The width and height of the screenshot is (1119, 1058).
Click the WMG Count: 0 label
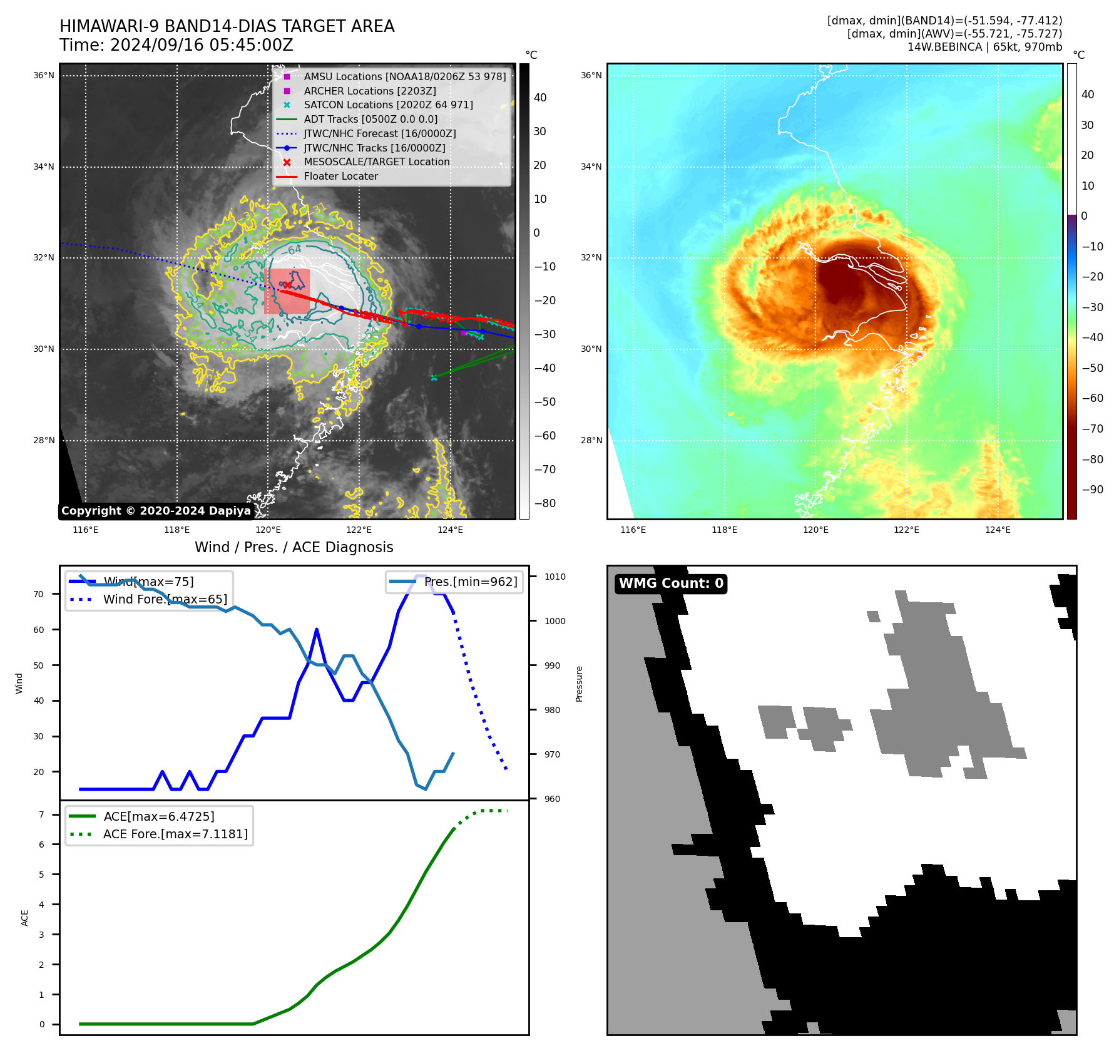click(x=671, y=583)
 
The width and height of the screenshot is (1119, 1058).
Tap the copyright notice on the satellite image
click(x=156, y=511)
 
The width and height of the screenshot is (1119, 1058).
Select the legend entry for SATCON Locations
click(x=388, y=105)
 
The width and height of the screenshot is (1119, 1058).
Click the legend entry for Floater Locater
click(x=340, y=177)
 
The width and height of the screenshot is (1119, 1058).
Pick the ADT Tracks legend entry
click(x=370, y=119)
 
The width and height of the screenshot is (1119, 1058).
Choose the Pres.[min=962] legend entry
click(x=471, y=582)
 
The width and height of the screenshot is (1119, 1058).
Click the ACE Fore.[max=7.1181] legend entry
click(x=175, y=834)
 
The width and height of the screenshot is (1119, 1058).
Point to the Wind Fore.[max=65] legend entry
click(x=165, y=600)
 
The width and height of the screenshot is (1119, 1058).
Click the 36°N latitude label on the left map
click(x=44, y=76)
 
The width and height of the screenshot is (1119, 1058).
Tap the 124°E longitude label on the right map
click(x=998, y=530)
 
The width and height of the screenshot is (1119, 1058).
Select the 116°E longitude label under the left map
click(x=86, y=530)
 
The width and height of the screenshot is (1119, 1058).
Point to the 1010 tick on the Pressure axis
click(x=554, y=577)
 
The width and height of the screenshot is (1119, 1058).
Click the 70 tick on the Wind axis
click(x=39, y=594)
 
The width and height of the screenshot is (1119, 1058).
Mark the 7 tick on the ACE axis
click(x=41, y=814)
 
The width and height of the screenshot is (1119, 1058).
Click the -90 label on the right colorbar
click(x=1092, y=490)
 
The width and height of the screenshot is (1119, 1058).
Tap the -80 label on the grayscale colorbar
click(x=544, y=503)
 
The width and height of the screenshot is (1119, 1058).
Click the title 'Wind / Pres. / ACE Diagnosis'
click(x=294, y=547)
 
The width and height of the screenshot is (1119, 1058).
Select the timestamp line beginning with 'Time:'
click(x=176, y=45)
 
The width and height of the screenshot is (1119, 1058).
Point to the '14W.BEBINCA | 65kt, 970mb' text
click(x=984, y=47)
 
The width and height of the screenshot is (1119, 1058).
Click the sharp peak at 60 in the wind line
click(x=317, y=629)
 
